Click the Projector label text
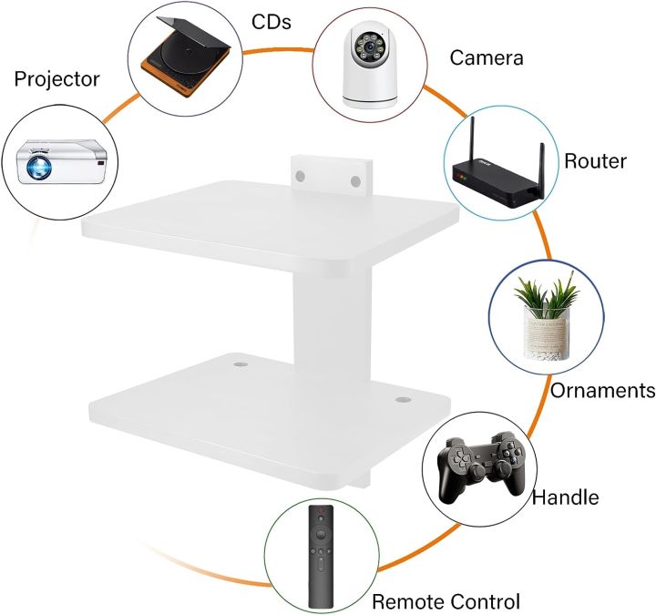(56, 79)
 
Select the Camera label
(487, 58)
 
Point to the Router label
(595, 161)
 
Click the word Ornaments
(602, 391)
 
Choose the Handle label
(565, 497)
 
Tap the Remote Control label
(446, 601)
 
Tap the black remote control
(321, 555)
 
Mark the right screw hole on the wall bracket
(356, 181)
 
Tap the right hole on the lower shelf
(402, 399)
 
